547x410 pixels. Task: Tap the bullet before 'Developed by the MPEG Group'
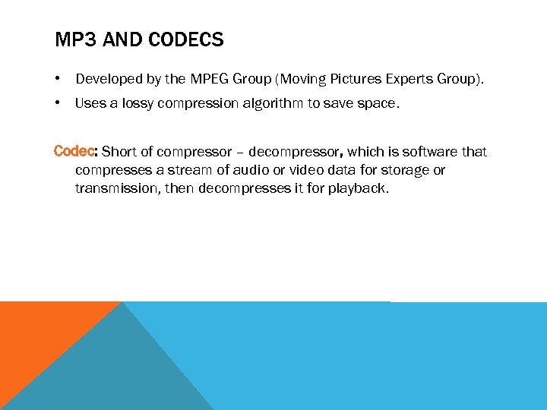point(58,78)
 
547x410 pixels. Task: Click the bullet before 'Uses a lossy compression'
point(58,104)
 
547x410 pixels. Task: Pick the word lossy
point(138,104)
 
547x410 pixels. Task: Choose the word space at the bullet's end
point(378,104)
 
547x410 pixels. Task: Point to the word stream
point(188,170)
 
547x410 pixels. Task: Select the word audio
point(247,170)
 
